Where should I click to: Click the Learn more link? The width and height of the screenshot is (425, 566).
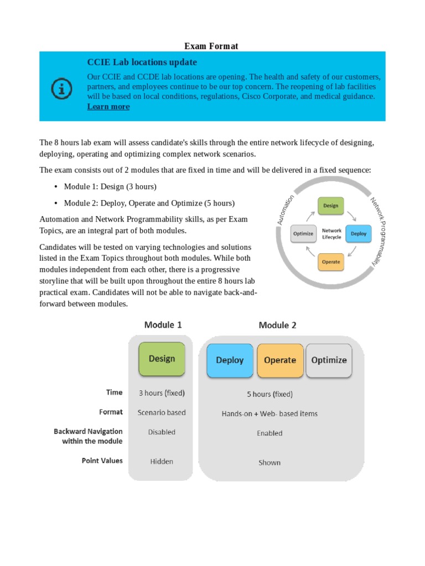108,107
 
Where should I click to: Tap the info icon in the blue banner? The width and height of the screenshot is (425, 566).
61,87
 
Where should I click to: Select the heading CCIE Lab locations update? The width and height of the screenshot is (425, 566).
142,62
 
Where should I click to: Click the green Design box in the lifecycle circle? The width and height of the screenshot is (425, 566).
330,206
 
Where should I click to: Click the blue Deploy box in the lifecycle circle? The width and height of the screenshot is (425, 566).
359,233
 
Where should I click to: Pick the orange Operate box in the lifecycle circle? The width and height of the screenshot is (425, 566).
330,261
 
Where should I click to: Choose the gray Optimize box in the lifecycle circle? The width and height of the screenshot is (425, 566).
303,233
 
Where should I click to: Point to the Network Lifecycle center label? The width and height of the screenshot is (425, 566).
331,233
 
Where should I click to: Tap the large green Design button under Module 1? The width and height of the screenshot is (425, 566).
162,359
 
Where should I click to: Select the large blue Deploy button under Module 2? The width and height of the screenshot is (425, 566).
230,360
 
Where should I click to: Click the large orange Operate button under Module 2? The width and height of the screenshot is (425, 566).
280,360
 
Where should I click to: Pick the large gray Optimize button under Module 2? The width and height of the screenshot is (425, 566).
329,360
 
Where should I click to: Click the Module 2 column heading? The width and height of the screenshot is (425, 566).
277,326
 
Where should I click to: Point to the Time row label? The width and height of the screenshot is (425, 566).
115,392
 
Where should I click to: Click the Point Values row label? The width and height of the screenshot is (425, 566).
102,460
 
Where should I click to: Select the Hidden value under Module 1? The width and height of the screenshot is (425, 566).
162,462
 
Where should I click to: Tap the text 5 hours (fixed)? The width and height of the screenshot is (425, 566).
270,394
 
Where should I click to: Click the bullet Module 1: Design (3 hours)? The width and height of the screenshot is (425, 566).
110,186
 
